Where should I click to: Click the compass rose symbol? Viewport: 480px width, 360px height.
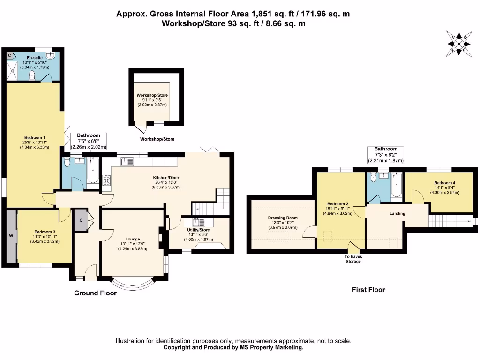pyautogui.click(x=458, y=44)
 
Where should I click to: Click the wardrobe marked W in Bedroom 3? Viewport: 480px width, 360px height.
pyautogui.click(x=11, y=236)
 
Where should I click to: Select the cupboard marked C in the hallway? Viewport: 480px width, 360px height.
pyautogui.click(x=81, y=220)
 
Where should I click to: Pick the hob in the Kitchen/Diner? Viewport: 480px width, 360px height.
pyautogui.click(x=106, y=180)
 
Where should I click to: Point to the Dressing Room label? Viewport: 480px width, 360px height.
pyautogui.click(x=283, y=217)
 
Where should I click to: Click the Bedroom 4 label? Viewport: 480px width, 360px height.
pyautogui.click(x=444, y=183)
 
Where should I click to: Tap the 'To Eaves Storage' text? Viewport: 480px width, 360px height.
pyautogui.click(x=353, y=259)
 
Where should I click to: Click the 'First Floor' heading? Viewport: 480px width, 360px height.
pyautogui.click(x=368, y=290)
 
